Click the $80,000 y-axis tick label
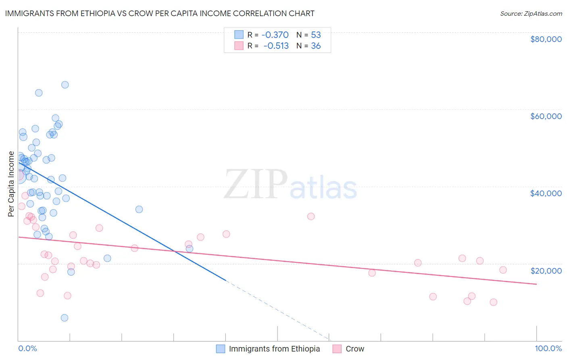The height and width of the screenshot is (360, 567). (546, 39)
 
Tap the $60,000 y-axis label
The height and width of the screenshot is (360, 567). (546, 116)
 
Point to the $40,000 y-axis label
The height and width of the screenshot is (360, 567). (546, 193)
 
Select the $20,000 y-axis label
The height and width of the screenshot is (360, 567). (546, 271)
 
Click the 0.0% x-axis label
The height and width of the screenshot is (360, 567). (27, 349)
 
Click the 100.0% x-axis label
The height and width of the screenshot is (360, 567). (548, 349)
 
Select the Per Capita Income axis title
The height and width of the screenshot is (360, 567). (11, 184)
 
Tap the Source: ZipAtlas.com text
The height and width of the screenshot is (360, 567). (531, 13)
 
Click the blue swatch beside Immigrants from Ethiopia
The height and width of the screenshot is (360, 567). (220, 349)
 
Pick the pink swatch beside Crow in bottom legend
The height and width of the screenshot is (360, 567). (337, 349)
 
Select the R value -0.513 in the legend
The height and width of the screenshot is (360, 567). (276, 46)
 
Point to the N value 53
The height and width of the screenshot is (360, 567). (316, 35)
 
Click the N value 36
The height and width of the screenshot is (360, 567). (316, 46)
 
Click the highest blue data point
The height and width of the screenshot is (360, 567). (65, 85)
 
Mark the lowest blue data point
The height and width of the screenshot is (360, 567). (65, 318)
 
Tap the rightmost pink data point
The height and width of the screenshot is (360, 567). (503, 270)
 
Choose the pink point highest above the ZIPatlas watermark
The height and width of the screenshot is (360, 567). (311, 216)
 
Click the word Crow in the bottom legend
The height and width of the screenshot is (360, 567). (355, 349)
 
